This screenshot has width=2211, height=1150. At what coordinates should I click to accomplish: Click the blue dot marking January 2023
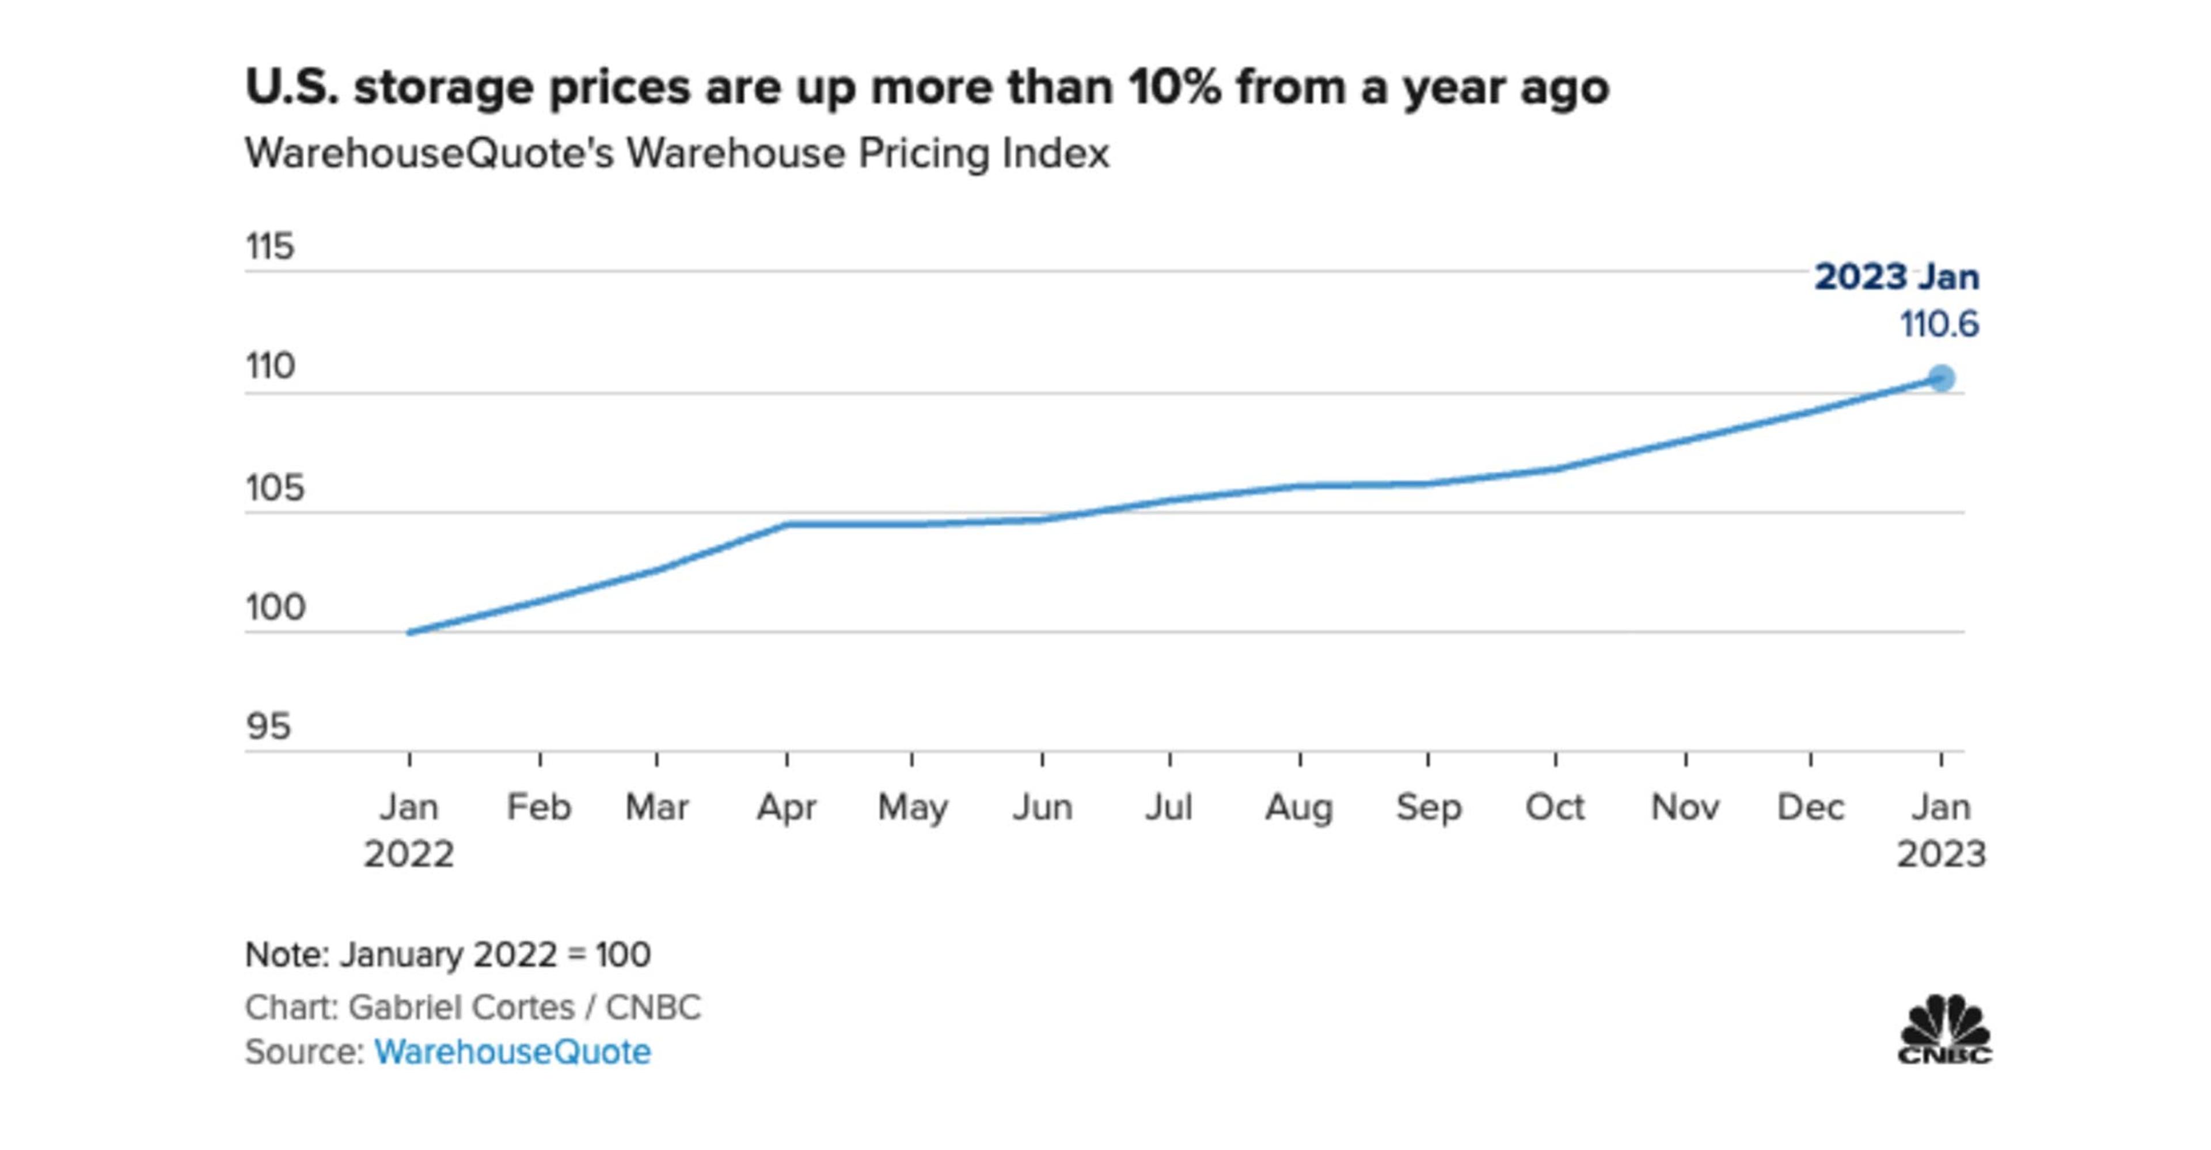pos(1940,378)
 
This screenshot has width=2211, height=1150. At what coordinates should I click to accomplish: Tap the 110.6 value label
pos(1939,324)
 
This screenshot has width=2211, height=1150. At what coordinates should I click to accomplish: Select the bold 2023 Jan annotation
pos(1897,277)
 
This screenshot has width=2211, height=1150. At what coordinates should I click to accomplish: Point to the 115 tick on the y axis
pos(269,247)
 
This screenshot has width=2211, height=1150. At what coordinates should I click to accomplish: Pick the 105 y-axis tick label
pos(275,488)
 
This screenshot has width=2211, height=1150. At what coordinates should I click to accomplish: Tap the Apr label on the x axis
pos(785,807)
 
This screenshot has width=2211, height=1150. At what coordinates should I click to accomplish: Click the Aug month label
pos(1298,807)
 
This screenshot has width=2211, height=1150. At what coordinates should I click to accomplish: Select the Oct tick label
pos(1555,807)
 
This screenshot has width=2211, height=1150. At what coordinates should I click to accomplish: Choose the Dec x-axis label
pos(1810,807)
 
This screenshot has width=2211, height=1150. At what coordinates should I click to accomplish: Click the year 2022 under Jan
pos(409,855)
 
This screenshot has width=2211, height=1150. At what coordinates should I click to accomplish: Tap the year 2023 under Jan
pos(1940,855)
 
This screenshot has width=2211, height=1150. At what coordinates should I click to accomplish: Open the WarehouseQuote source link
pos(512,1052)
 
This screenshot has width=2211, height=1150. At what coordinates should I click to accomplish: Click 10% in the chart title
pos(1174,88)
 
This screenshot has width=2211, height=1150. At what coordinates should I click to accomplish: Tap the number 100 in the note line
pos(623,954)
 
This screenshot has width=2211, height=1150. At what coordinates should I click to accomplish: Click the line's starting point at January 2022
pos(409,632)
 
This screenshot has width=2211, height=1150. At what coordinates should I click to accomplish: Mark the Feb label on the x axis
pos(539,807)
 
